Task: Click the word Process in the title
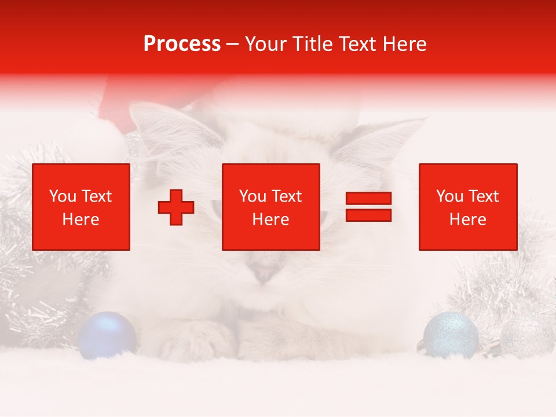[182, 43]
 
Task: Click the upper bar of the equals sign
[368, 199]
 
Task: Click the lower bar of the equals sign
[368, 215]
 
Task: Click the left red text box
[81, 207]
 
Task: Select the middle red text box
[271, 207]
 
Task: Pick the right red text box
[468, 207]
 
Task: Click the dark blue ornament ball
[107, 334]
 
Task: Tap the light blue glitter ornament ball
[451, 334]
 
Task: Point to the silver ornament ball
[526, 335]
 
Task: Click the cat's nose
[264, 272]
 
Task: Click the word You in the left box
[61, 196]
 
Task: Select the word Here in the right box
[468, 220]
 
